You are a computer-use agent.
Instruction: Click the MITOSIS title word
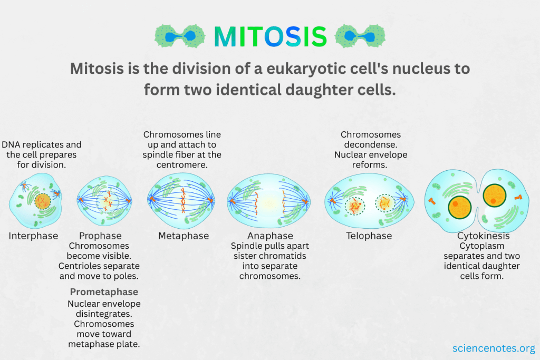point(271,36)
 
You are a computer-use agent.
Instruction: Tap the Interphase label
point(33,236)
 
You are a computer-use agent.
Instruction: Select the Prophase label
point(100,236)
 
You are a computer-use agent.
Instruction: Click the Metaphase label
point(184,236)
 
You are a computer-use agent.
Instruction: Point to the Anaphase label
point(271,236)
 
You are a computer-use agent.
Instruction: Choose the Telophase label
point(369,236)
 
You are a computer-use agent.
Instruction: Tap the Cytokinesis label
point(484,236)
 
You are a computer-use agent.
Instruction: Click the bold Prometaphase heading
point(104,292)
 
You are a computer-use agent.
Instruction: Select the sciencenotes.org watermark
point(494,348)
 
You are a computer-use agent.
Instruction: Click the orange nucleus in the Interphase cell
point(42,201)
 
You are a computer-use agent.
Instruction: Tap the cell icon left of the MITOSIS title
point(180,36)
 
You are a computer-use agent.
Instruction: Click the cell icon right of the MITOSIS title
point(360,36)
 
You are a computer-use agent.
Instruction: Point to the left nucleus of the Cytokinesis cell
point(459,208)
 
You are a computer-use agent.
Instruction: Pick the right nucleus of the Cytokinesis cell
point(495,196)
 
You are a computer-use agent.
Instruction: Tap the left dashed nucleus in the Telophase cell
point(355,206)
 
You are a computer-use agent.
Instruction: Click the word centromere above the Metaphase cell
point(182,165)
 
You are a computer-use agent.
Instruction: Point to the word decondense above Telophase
point(371,144)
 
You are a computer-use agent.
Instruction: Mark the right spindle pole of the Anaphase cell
point(305,201)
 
